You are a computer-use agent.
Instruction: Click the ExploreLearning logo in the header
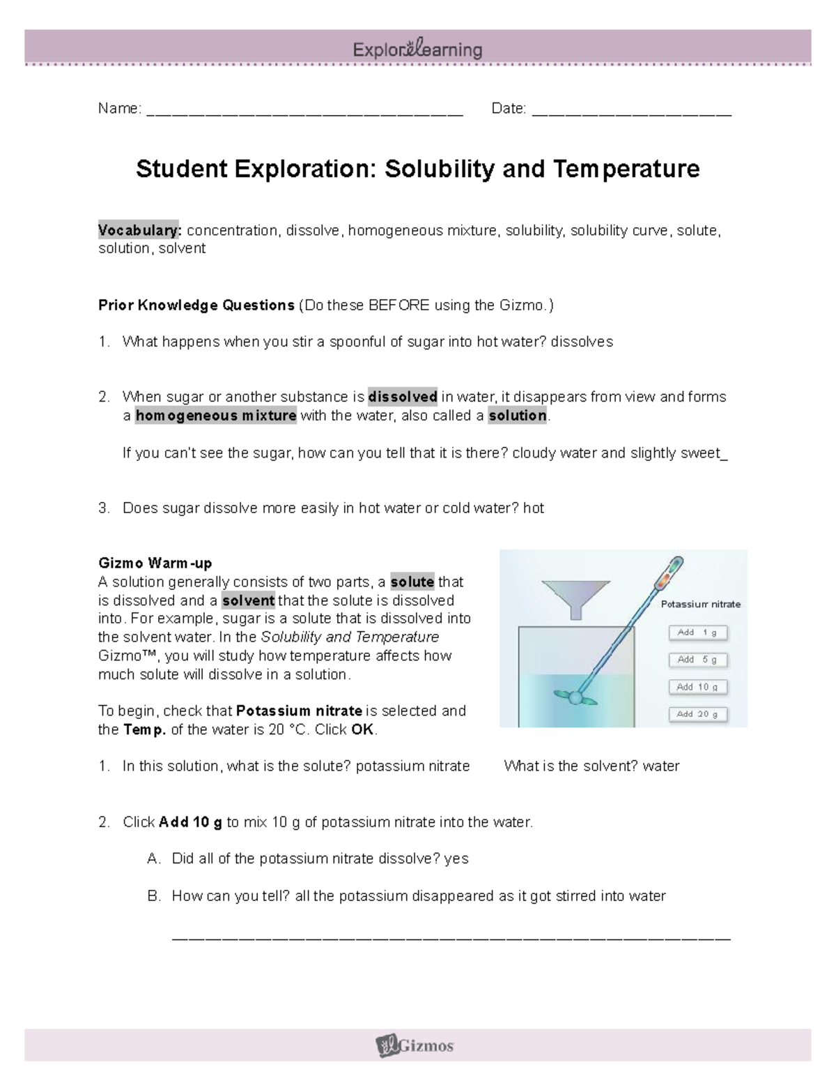pyautogui.click(x=417, y=50)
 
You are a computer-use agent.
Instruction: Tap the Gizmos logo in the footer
pyautogui.click(x=415, y=1045)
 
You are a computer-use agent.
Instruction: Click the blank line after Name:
pyautogui.click(x=305, y=110)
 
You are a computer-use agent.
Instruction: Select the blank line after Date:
pyautogui.click(x=632, y=110)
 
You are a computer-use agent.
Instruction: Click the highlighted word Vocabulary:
pyautogui.click(x=139, y=230)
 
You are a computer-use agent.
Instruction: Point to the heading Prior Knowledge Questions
pyautogui.click(x=196, y=305)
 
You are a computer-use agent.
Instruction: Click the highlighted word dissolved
pyautogui.click(x=403, y=397)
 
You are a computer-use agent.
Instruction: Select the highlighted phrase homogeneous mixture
pyautogui.click(x=216, y=416)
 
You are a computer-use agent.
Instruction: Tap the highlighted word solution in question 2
pyautogui.click(x=518, y=416)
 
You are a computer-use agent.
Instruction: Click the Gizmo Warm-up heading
pyautogui.click(x=155, y=563)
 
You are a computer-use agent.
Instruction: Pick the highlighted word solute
pyautogui.click(x=412, y=582)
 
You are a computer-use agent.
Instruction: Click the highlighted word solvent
pyautogui.click(x=249, y=600)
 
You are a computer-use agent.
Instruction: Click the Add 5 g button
pyautogui.click(x=698, y=660)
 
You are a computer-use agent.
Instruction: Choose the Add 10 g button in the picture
pyautogui.click(x=698, y=687)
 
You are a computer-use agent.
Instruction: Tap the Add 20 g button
pyautogui.click(x=698, y=714)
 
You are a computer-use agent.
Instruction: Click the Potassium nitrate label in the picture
pyautogui.click(x=700, y=605)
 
